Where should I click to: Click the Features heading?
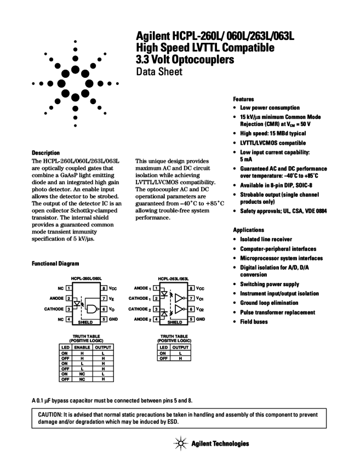[x=243, y=99]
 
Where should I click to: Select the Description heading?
[x=46, y=152]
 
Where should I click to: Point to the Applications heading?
[x=248, y=230]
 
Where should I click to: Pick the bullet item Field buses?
[x=261, y=322]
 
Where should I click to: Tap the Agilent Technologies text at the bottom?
[x=220, y=444]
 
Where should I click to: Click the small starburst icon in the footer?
[x=181, y=444]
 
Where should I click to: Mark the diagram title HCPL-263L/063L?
[x=172, y=279]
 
